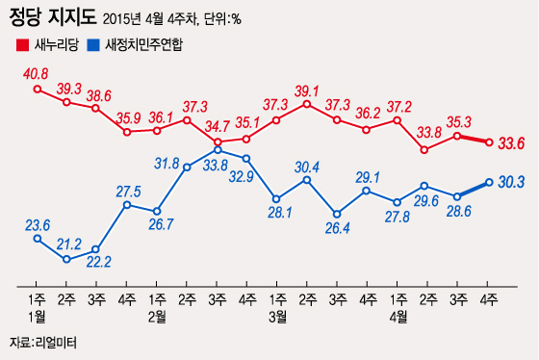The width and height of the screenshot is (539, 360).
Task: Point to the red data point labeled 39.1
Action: click(x=307, y=103)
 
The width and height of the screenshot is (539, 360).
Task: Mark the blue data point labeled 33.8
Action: click(x=218, y=149)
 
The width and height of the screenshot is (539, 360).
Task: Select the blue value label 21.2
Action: click(x=67, y=244)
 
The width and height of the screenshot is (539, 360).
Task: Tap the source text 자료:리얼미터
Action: click(x=42, y=344)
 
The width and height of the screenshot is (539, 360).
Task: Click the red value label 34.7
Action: click(x=218, y=127)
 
